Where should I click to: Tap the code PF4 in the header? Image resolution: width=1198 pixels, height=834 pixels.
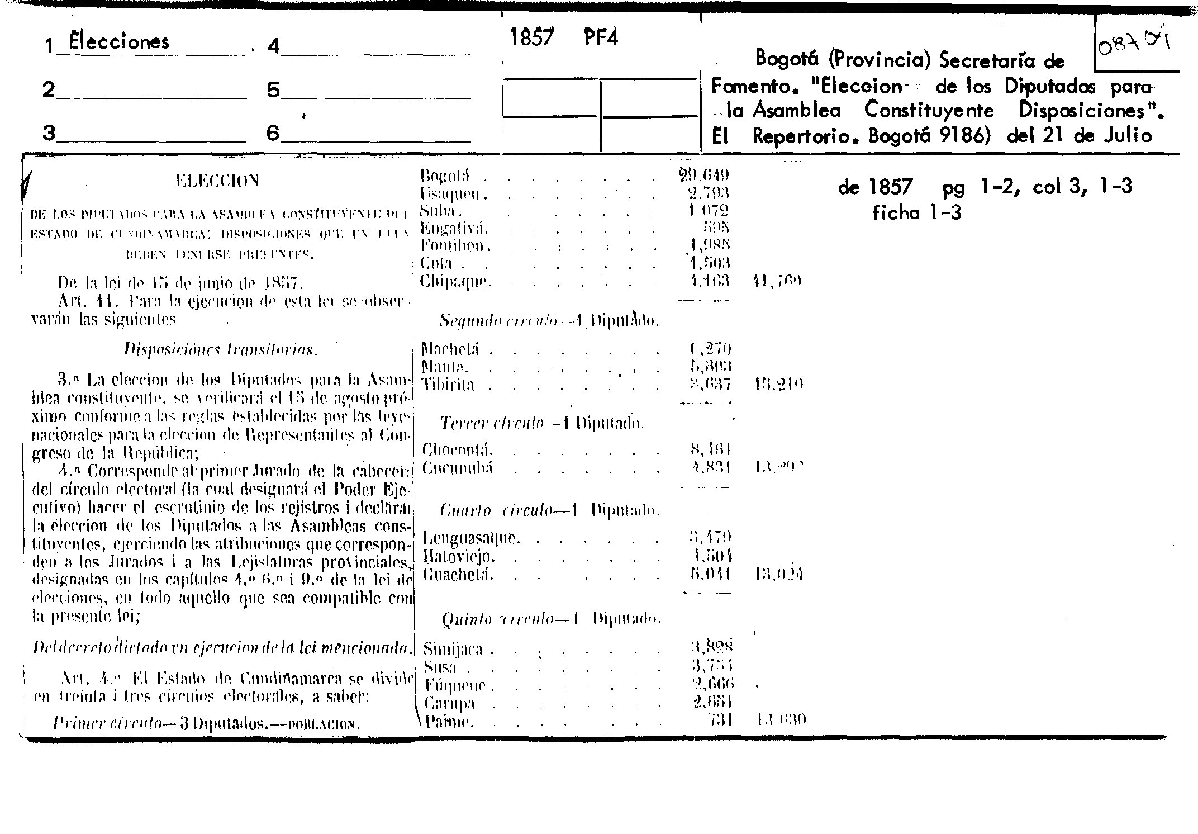[x=601, y=38]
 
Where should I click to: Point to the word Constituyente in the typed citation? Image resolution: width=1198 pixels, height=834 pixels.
[x=929, y=110]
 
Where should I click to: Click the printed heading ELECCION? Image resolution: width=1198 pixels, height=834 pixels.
[x=217, y=181]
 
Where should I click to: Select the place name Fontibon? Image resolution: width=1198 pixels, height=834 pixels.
[x=455, y=245]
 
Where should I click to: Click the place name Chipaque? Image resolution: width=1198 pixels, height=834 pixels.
[x=455, y=281]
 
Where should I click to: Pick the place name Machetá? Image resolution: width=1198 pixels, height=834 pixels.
[x=450, y=350]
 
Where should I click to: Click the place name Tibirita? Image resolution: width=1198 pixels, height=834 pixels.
[x=448, y=385]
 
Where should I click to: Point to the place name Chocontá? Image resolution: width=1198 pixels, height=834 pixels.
[x=457, y=450]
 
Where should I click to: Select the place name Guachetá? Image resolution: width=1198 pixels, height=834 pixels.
[x=458, y=574]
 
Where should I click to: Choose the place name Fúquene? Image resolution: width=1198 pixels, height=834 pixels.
[x=455, y=685]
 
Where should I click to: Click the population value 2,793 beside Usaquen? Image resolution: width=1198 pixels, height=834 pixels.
[x=709, y=194]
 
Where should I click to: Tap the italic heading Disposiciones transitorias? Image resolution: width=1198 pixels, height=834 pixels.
[x=220, y=350]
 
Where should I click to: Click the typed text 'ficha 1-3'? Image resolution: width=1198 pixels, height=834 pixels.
[x=916, y=213]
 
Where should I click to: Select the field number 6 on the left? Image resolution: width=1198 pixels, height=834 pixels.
[x=272, y=133]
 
